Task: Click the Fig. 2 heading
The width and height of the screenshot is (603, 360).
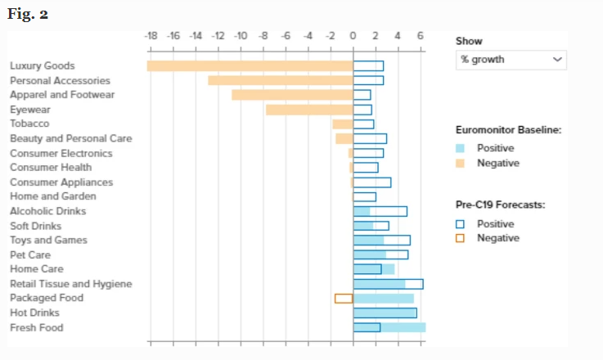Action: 28,15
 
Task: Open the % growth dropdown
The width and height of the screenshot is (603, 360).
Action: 511,60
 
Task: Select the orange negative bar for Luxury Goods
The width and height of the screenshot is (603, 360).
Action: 250,65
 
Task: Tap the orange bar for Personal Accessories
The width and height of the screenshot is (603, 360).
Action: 280,80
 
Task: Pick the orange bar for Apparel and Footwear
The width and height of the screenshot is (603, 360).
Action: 292,95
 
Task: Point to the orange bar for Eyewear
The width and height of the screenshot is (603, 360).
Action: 309,110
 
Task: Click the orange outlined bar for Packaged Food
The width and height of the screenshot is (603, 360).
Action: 344,299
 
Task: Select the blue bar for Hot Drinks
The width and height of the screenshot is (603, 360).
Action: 385,313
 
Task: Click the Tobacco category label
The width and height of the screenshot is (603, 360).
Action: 28,124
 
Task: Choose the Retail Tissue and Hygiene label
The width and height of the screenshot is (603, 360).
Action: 70,284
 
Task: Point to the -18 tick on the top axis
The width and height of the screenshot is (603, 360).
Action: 151,36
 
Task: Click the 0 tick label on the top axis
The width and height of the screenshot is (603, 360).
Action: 353,36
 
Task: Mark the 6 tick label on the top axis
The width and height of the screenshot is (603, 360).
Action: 420,36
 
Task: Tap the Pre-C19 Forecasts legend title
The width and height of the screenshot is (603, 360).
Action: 500,205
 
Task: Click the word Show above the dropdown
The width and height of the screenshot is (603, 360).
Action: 469,41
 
